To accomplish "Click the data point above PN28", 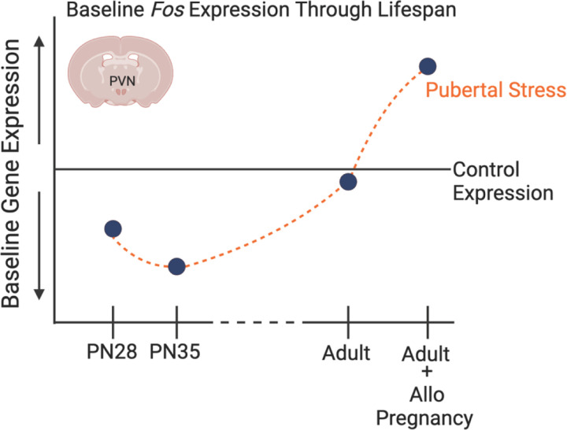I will tap(113, 229).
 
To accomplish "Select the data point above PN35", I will tap(176, 267).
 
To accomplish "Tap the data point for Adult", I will tap(348, 182).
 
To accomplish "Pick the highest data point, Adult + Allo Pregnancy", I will tap(428, 66).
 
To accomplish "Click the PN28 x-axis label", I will tap(113, 351).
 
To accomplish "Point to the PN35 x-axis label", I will tap(176, 351).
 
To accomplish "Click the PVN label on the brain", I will tap(119, 80).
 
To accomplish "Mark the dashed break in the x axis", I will tap(259, 322).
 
